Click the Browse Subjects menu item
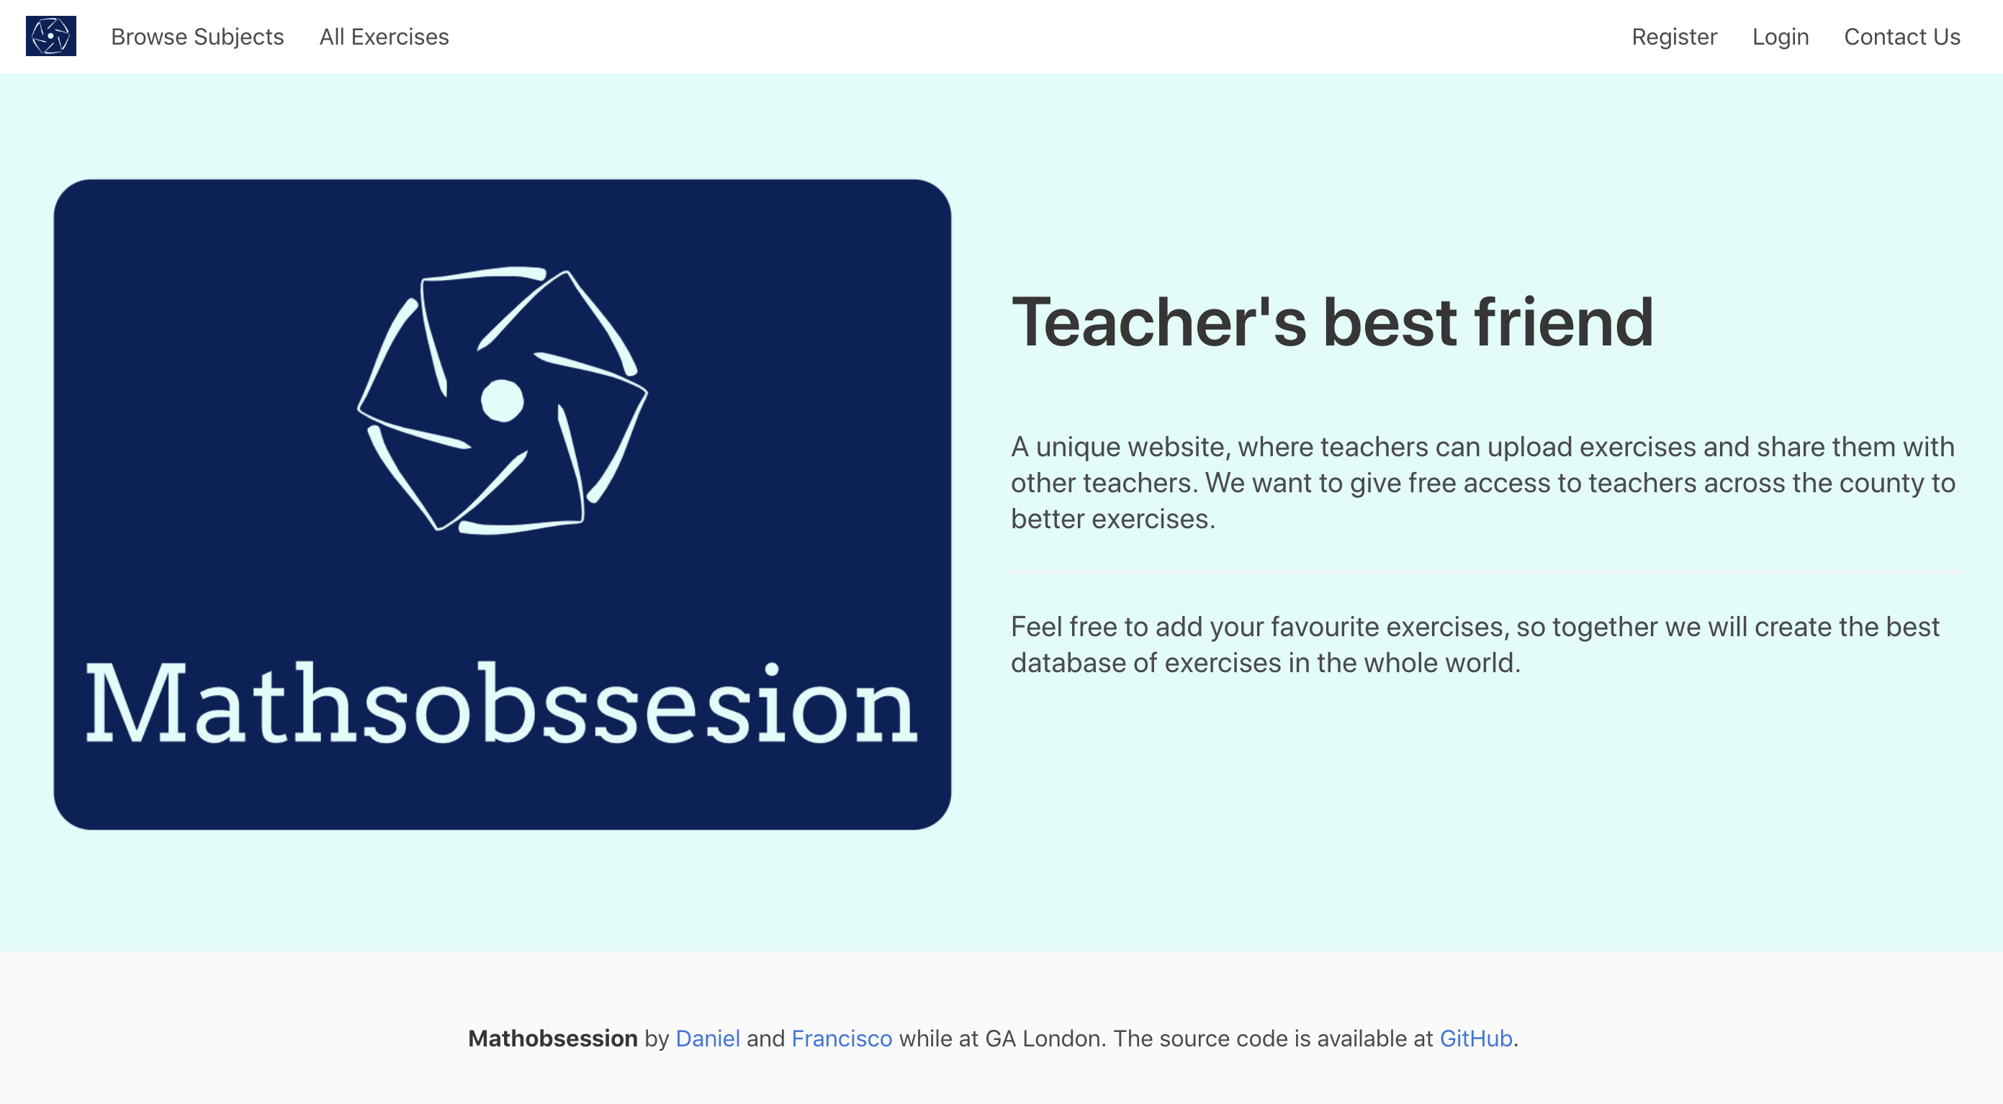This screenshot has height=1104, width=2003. tap(197, 37)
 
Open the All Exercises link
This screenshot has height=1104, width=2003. tap(384, 37)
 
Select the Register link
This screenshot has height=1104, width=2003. tap(1674, 37)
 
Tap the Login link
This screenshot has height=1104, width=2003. tap(1781, 37)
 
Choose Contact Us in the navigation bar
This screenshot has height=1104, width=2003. tap(1902, 37)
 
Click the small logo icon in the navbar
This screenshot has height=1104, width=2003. tap(50, 36)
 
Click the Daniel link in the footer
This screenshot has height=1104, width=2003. tap(708, 1039)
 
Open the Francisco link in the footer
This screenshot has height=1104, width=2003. tap(842, 1039)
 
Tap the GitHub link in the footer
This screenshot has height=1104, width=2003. tap(1476, 1039)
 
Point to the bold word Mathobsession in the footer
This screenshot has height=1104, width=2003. tap(552, 1039)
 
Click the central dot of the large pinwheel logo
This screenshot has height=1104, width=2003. tap(503, 400)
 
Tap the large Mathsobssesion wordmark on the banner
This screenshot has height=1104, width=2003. tap(503, 704)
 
